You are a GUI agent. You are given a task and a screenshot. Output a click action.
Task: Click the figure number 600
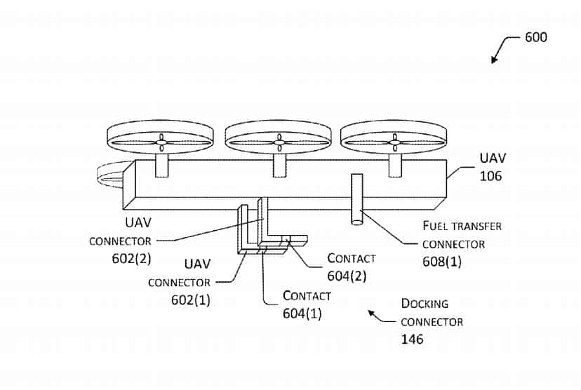tap(536, 37)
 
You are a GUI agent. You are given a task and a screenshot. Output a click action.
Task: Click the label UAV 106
tap(493, 167)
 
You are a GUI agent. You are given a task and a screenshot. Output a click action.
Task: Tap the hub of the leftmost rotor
tap(161, 142)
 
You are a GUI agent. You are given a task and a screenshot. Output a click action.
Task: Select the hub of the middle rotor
tap(279, 142)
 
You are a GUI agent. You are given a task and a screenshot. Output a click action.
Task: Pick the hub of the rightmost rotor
tap(395, 142)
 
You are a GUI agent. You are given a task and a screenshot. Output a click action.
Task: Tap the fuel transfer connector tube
tap(357, 199)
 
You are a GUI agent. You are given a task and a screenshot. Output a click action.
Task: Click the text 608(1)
tap(442, 262)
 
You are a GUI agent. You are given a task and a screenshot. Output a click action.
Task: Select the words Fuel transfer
tap(462, 226)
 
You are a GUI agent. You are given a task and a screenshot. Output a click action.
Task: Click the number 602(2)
tap(131, 258)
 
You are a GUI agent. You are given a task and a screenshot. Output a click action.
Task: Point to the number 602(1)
tap(190, 300)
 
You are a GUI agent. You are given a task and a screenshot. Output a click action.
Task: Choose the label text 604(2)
tap(347, 276)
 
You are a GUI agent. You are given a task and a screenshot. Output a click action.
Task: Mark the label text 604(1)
tap(302, 314)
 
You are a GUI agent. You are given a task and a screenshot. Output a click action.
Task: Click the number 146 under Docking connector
tap(412, 339)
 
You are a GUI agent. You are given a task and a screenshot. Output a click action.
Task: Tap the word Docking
tap(425, 304)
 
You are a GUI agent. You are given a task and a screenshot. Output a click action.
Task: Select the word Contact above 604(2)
tap(352, 258)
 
